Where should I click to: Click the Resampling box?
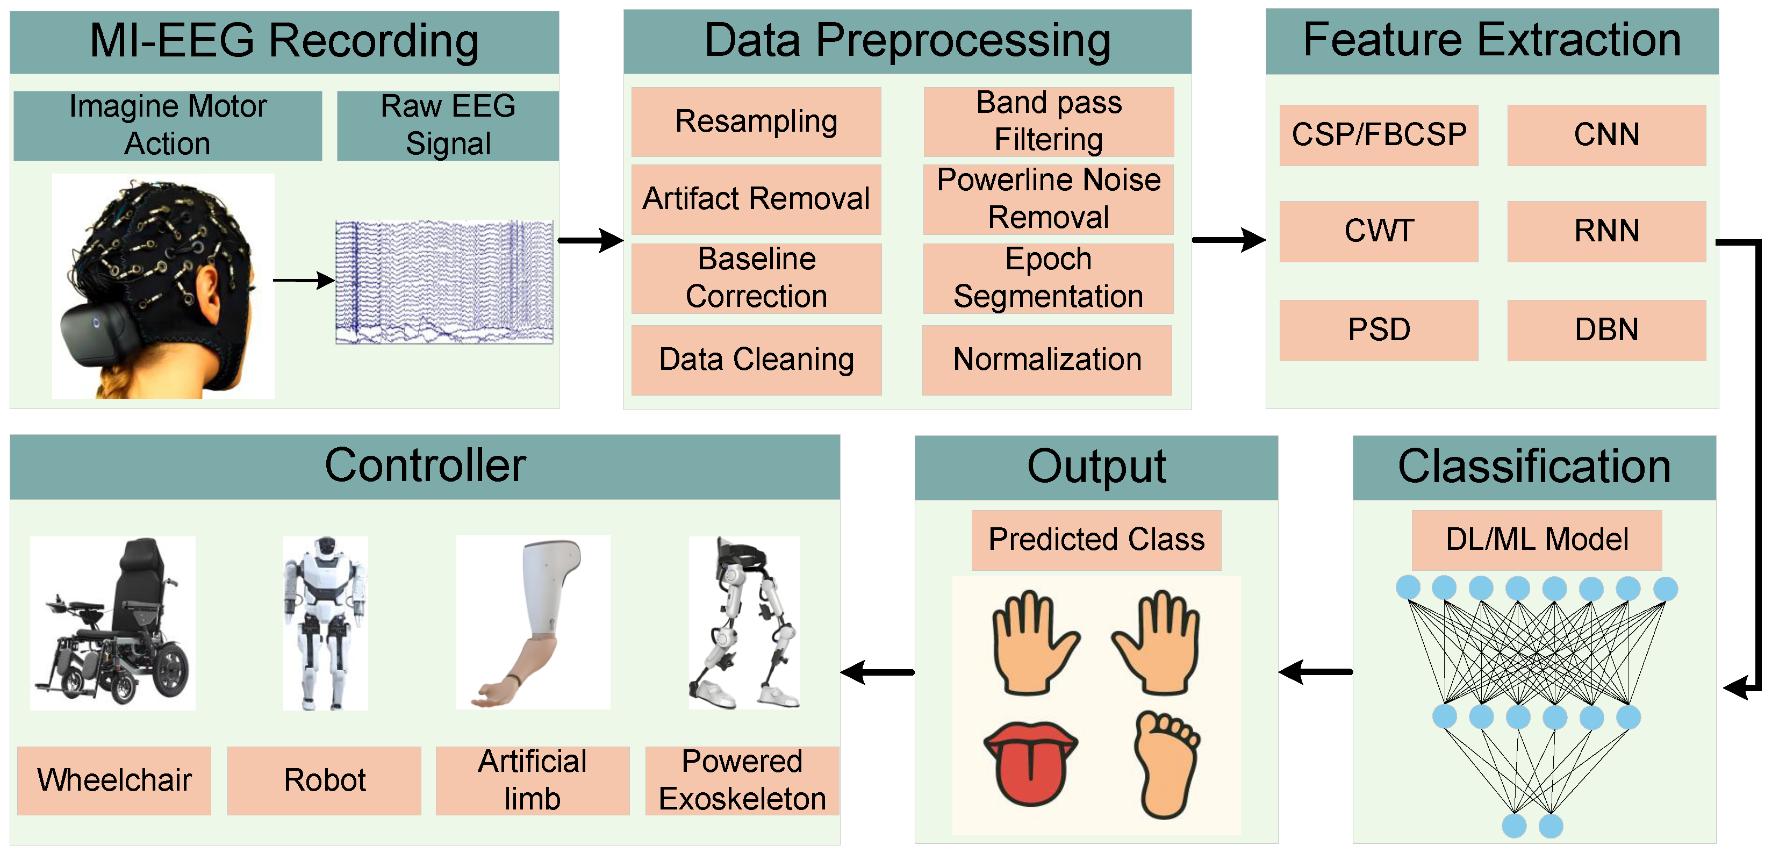click(x=756, y=122)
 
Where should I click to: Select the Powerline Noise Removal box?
click(x=1049, y=199)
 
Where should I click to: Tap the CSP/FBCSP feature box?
click(x=1379, y=135)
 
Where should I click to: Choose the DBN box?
click(x=1606, y=330)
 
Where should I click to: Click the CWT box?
click(x=1379, y=231)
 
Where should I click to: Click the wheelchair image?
click(x=113, y=623)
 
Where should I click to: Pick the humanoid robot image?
click(x=325, y=623)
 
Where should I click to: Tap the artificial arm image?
click(x=533, y=623)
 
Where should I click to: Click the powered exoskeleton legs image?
click(x=744, y=623)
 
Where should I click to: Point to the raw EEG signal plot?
click(x=444, y=282)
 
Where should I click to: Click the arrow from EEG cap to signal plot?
click(x=303, y=280)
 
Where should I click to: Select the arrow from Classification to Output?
click(x=1315, y=671)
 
